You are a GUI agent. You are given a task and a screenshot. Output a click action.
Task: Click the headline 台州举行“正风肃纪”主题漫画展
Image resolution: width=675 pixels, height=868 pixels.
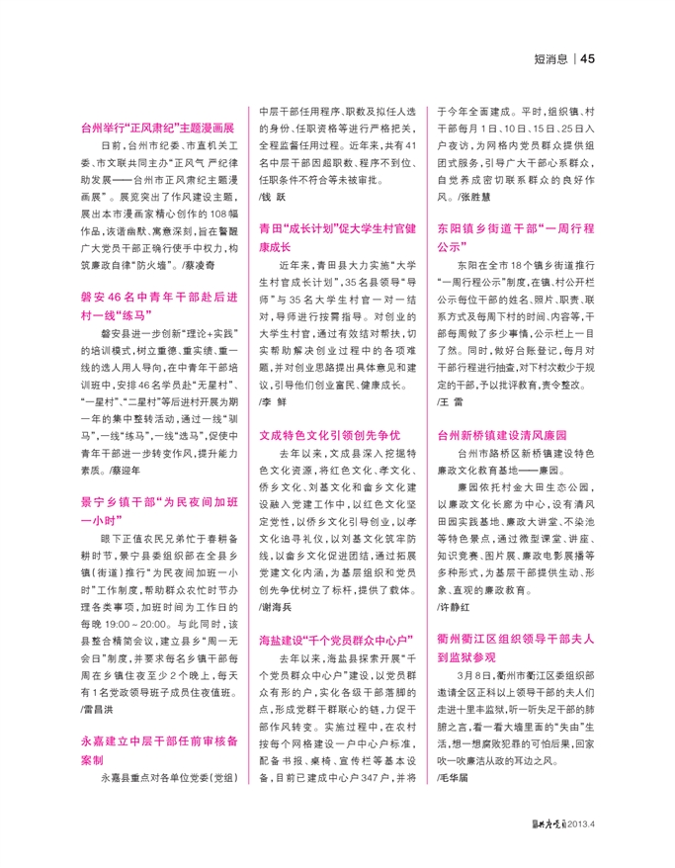pos(157,129)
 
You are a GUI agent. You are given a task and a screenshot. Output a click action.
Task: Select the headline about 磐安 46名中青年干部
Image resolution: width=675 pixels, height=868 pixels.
pos(157,305)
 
